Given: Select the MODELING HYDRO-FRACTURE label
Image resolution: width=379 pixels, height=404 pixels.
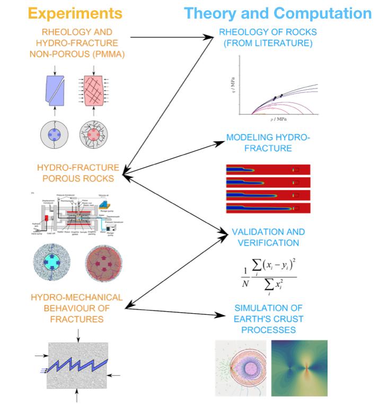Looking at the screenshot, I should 268,143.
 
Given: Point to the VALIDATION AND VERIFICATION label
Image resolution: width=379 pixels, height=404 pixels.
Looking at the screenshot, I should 268,237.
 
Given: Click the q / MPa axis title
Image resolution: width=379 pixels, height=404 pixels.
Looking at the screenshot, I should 232,88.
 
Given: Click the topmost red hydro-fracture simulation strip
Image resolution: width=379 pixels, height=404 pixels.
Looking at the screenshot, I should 268,169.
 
